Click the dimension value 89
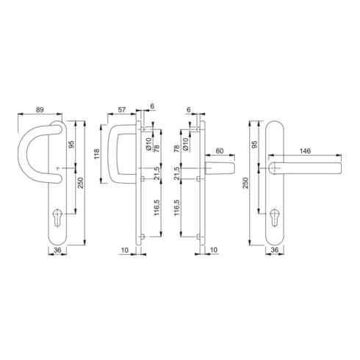click(40, 109)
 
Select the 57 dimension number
click(122, 109)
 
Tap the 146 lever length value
click(305, 151)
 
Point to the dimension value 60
click(220, 151)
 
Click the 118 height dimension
click(97, 154)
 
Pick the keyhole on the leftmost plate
click(57, 217)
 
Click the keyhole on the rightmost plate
click(275, 217)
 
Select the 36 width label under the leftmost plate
click(57, 250)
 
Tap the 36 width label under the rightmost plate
click(275, 250)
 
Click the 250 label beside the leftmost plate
click(81, 183)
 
